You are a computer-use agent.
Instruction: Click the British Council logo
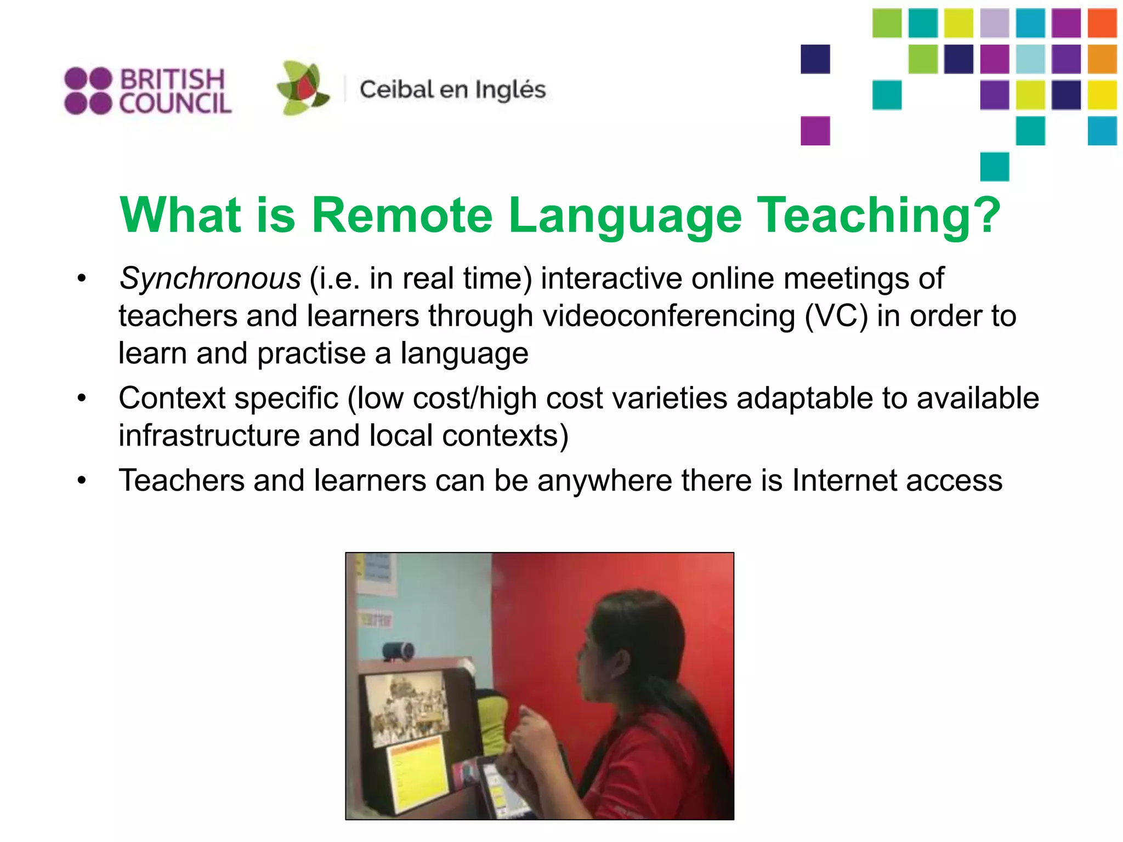pyautogui.click(x=148, y=91)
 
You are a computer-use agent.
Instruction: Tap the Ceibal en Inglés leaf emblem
pyautogui.click(x=303, y=88)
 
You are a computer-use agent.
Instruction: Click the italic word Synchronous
pyautogui.click(x=210, y=278)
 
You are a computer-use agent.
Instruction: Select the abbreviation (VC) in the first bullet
pyautogui.click(x=837, y=316)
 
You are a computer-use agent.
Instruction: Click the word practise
pyautogui.click(x=311, y=354)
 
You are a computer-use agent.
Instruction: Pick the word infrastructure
pyautogui.click(x=209, y=436)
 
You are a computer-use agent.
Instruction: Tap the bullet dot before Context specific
pyautogui.click(x=82, y=399)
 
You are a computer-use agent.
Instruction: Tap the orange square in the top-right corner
pyautogui.click(x=1102, y=23)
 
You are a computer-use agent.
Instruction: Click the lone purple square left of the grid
pyautogui.click(x=815, y=131)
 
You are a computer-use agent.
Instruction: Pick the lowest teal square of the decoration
pyautogui.click(x=995, y=167)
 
